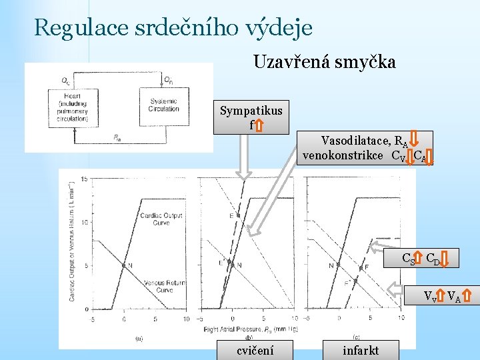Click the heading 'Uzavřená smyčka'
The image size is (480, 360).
point(324,62)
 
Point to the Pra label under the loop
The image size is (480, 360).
point(117,138)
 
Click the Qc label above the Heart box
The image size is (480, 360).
point(65,81)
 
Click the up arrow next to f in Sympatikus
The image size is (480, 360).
point(259,125)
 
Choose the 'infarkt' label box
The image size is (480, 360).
point(360,350)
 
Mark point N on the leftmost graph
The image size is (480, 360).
point(124,265)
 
